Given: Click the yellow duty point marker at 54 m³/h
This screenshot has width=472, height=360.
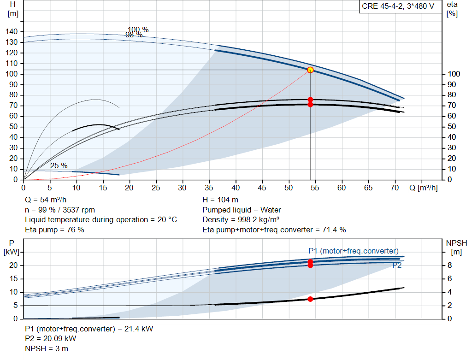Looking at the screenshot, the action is pyautogui.click(x=310, y=70).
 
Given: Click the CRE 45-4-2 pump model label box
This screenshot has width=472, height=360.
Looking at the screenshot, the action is pyautogui.click(x=398, y=6).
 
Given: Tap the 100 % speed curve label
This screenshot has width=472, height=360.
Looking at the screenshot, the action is pyautogui.click(x=138, y=29).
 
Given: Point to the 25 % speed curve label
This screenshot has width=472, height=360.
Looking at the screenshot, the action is pyautogui.click(x=59, y=165).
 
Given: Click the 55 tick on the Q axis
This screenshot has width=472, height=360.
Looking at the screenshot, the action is pyautogui.click(x=315, y=188).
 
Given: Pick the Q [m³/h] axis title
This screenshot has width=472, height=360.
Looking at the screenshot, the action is pyautogui.click(x=423, y=188).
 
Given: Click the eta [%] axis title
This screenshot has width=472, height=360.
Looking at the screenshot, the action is pyautogui.click(x=452, y=9).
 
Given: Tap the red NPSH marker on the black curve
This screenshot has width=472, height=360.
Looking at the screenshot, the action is pyautogui.click(x=310, y=299).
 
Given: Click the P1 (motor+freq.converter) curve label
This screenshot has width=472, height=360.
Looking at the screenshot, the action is pyautogui.click(x=354, y=251).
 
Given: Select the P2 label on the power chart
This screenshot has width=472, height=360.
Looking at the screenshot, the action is pyautogui.click(x=397, y=265).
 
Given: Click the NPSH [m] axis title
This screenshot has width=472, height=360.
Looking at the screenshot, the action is pyautogui.click(x=456, y=248).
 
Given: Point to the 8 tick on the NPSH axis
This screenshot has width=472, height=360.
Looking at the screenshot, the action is pyautogui.click(x=449, y=265).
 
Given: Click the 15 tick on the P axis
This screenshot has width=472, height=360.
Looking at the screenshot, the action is pyautogui.click(x=13, y=279).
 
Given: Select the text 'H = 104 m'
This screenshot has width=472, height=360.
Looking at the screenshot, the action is pyautogui.click(x=220, y=200).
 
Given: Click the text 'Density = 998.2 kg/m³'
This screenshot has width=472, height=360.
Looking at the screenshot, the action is pyautogui.click(x=241, y=219).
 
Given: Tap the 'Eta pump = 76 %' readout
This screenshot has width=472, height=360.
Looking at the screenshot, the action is pyautogui.click(x=54, y=230).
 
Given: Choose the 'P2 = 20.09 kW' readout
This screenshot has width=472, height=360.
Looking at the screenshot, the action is pyautogui.click(x=51, y=339).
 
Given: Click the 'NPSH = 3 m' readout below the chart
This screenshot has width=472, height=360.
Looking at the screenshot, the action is pyautogui.click(x=47, y=348).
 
